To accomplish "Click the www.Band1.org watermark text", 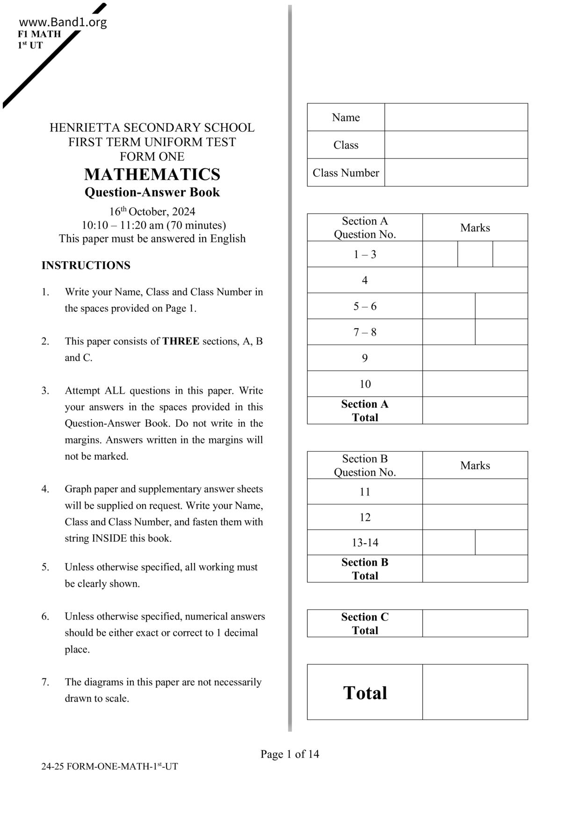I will (63, 22).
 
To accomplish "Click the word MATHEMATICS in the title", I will (152, 174).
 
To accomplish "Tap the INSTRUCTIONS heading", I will (86, 266).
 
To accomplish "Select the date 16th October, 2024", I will (152, 211).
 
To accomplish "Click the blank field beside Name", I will (456, 117).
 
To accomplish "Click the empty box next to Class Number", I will (456, 173).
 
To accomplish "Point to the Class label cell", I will (346, 145).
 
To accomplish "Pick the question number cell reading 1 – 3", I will (365, 254).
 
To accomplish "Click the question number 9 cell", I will (365, 358).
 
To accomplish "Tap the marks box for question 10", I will (475, 384).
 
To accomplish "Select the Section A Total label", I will (365, 410).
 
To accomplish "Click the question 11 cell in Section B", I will (365, 492).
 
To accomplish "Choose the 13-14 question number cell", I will (365, 542).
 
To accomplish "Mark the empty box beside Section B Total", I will (475, 568).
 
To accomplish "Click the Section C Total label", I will (365, 623).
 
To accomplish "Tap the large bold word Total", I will (365, 692).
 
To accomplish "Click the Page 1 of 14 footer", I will (290, 754).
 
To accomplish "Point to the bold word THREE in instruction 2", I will (181, 341).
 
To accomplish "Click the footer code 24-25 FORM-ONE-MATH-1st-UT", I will (109, 767).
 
